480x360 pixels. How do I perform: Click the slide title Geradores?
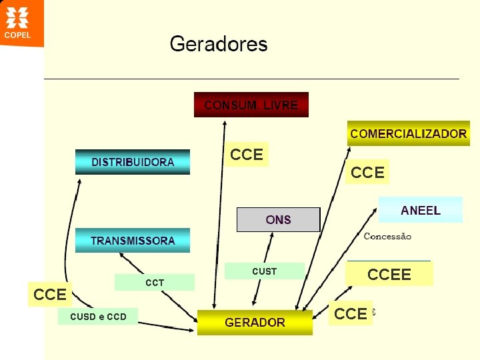click(219, 44)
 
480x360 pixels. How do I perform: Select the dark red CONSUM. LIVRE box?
click(251, 105)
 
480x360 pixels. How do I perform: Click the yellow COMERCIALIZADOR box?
click(408, 133)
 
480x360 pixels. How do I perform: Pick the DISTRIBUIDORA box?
click(133, 162)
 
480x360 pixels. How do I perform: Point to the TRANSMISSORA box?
click(133, 241)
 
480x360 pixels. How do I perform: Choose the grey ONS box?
click(278, 219)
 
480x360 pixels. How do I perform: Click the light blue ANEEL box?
click(420, 210)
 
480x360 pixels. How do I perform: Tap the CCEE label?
click(389, 274)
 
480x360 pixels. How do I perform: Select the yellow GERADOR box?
click(255, 323)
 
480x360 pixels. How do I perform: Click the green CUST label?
click(264, 271)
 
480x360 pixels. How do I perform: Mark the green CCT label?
click(155, 283)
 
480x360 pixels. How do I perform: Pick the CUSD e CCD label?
click(98, 317)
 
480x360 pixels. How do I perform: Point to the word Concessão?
click(387, 237)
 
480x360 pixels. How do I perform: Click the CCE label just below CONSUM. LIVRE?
click(247, 155)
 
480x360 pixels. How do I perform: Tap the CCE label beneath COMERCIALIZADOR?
click(367, 173)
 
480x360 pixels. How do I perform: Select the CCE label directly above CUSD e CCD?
click(50, 294)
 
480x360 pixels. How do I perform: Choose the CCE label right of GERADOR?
click(351, 313)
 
